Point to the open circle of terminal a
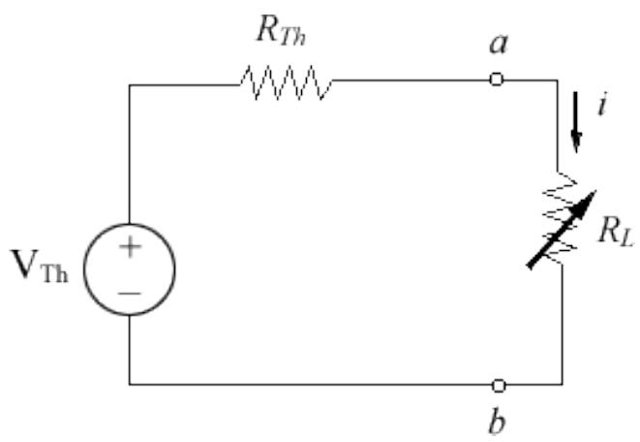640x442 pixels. [x=497, y=79]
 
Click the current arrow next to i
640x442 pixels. [x=577, y=132]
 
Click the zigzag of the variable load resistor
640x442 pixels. [x=563, y=229]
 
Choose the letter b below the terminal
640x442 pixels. [x=498, y=423]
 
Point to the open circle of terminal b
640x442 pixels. [x=498, y=385]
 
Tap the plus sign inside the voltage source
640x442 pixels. [x=130, y=248]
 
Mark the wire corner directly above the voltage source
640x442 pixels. [x=130, y=84]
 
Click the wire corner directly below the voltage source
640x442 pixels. [x=130, y=385]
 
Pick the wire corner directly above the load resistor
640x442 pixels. [x=563, y=80]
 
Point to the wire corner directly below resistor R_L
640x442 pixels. [x=563, y=385]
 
